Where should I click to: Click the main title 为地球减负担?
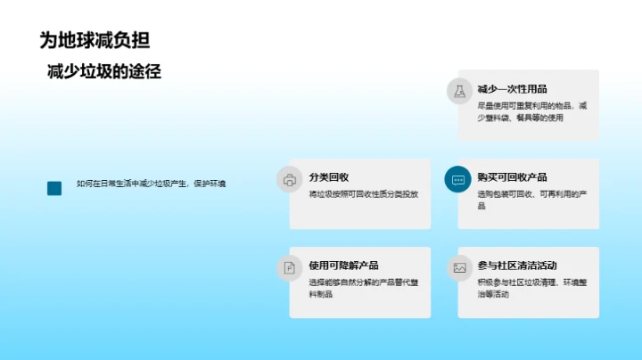click(x=95, y=39)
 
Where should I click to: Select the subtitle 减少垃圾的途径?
click(x=104, y=72)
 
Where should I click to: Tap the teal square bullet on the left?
click(x=54, y=188)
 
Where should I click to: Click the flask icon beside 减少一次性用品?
click(x=458, y=91)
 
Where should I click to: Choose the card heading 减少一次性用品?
click(x=512, y=89)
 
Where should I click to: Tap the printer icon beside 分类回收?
click(x=289, y=179)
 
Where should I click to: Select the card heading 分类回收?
click(x=329, y=177)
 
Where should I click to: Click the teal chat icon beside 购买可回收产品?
click(x=458, y=179)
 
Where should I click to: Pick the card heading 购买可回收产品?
click(x=512, y=177)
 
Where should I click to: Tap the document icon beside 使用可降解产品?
click(x=289, y=267)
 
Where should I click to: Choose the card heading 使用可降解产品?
click(x=343, y=266)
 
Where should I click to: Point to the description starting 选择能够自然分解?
click(x=361, y=288)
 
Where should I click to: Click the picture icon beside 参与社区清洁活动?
click(x=458, y=267)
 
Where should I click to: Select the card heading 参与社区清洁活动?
click(x=517, y=266)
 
